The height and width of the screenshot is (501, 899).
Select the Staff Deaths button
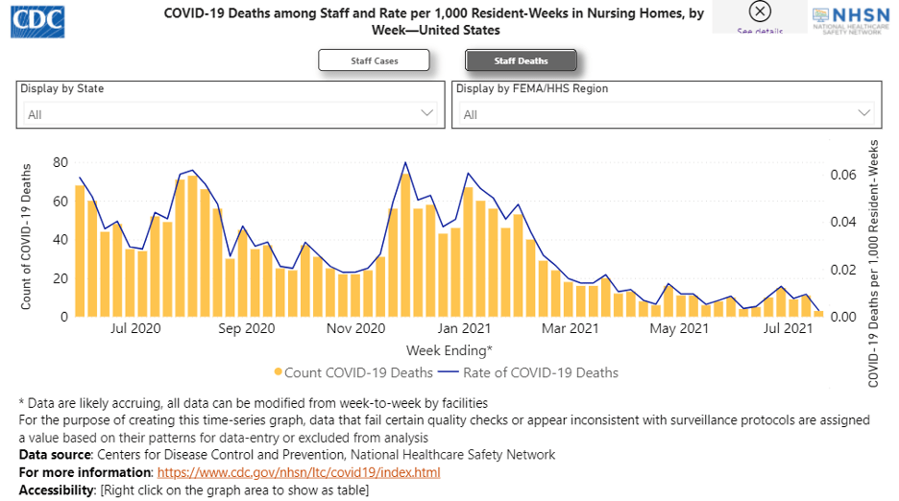(x=521, y=61)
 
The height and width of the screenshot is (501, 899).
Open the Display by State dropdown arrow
(x=428, y=113)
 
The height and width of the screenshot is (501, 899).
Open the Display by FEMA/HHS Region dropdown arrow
(x=864, y=113)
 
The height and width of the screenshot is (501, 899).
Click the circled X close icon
(x=760, y=12)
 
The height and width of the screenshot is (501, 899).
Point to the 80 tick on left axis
(x=61, y=162)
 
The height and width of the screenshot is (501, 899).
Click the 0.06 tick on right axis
(x=842, y=175)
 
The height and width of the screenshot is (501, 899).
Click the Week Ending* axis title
(x=449, y=350)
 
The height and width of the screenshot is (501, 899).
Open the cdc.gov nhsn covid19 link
(x=299, y=473)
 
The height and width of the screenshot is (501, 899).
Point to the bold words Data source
(x=54, y=455)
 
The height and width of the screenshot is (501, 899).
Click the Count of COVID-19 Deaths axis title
(x=27, y=237)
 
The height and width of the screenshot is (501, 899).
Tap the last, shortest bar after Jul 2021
(x=819, y=313)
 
